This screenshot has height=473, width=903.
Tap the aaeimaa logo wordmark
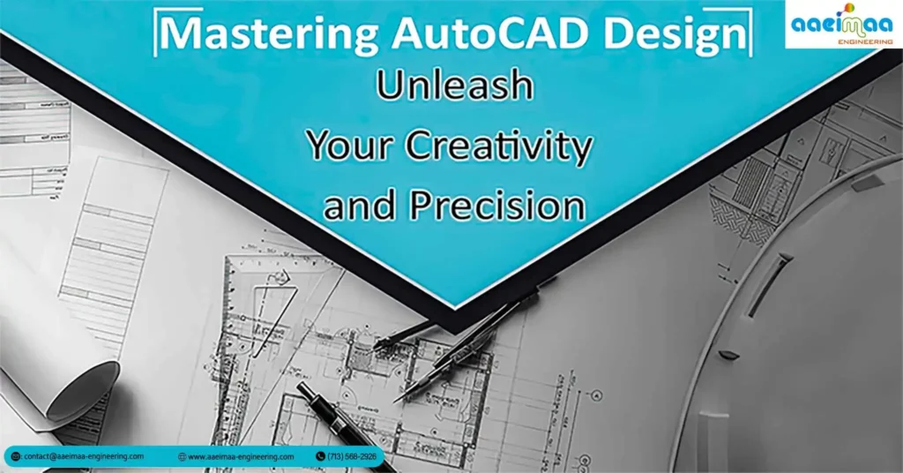pyautogui.click(x=840, y=24)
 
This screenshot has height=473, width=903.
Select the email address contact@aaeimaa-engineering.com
pyautogui.click(x=84, y=456)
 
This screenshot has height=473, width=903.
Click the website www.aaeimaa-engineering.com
pyautogui.click(x=241, y=456)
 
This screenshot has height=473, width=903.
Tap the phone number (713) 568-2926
pyautogui.click(x=350, y=456)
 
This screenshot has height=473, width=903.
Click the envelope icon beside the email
pyautogui.click(x=17, y=456)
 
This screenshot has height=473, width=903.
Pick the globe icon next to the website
pyautogui.click(x=182, y=456)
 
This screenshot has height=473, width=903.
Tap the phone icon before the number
pyautogui.click(x=320, y=456)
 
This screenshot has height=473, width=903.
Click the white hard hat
pyautogui.click(x=794, y=335)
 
